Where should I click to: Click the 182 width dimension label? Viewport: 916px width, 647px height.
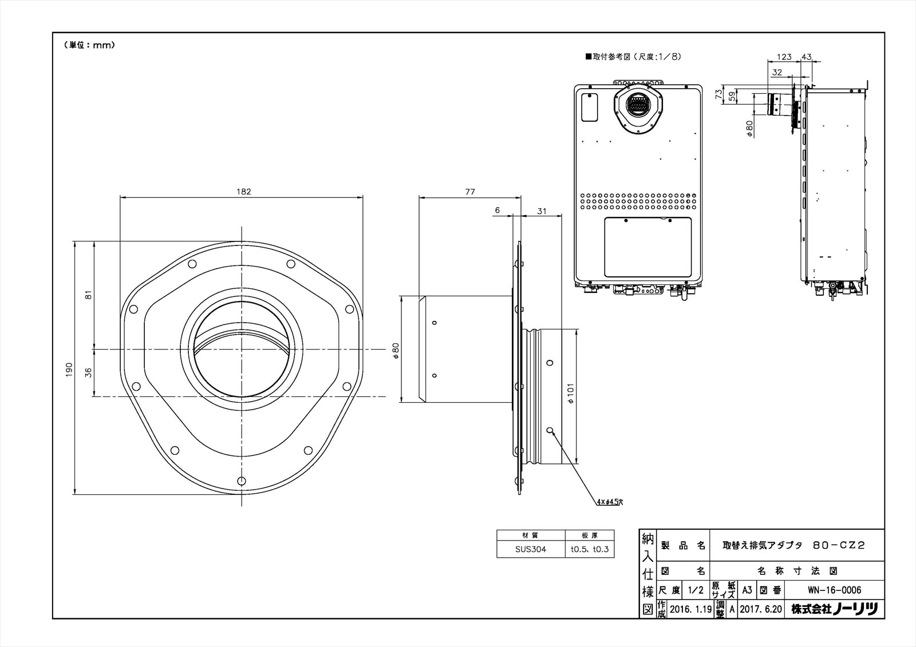[x=243, y=191]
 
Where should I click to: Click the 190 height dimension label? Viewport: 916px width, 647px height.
[x=69, y=370]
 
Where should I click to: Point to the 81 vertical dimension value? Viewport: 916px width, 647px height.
[x=88, y=295]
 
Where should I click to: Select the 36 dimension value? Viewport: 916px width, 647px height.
[x=88, y=373]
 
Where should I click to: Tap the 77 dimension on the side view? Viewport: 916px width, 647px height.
[x=470, y=191]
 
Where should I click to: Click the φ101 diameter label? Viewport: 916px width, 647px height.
[x=571, y=393]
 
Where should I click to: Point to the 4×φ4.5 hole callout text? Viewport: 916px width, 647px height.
[x=610, y=502]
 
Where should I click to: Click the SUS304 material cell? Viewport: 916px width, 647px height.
[x=530, y=549]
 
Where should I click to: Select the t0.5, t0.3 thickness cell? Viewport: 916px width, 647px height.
[x=590, y=549]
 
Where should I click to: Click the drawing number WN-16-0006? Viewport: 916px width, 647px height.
[x=835, y=590]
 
